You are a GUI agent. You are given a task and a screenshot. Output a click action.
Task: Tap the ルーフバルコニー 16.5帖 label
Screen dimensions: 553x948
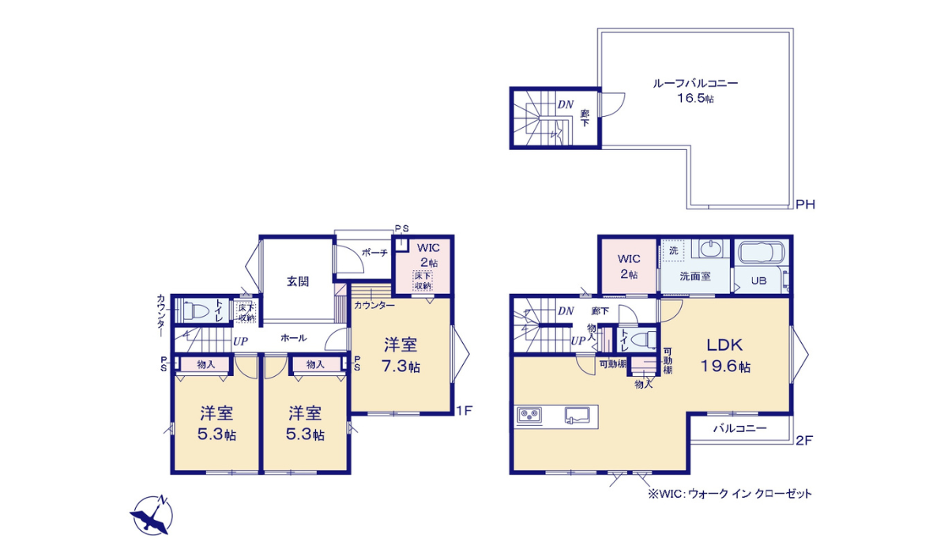(695, 90)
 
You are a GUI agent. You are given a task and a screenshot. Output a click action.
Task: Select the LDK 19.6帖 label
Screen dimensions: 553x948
(724, 355)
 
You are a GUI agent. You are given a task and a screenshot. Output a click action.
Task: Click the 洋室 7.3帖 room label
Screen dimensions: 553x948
(401, 355)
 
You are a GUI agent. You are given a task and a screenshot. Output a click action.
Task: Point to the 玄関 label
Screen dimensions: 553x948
(297, 280)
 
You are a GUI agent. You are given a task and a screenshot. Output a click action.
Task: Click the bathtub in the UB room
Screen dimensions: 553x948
(760, 254)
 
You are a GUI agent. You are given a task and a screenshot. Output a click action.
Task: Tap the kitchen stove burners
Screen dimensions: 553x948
(529, 416)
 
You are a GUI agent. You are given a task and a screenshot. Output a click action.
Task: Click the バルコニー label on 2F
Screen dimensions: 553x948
(739, 429)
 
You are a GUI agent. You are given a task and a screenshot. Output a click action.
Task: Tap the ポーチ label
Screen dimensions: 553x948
(374, 253)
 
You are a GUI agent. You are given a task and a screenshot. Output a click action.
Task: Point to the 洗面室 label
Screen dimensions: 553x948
(695, 276)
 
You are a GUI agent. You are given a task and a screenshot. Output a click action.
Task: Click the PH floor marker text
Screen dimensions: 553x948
(805, 205)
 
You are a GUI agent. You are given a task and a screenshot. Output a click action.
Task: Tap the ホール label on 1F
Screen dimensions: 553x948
(293, 338)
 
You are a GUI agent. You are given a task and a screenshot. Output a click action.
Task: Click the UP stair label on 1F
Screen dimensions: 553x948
(240, 341)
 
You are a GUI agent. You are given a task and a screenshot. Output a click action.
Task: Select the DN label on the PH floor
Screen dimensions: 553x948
(565, 104)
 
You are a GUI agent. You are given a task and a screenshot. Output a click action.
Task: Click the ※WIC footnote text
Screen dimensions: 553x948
(729, 494)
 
